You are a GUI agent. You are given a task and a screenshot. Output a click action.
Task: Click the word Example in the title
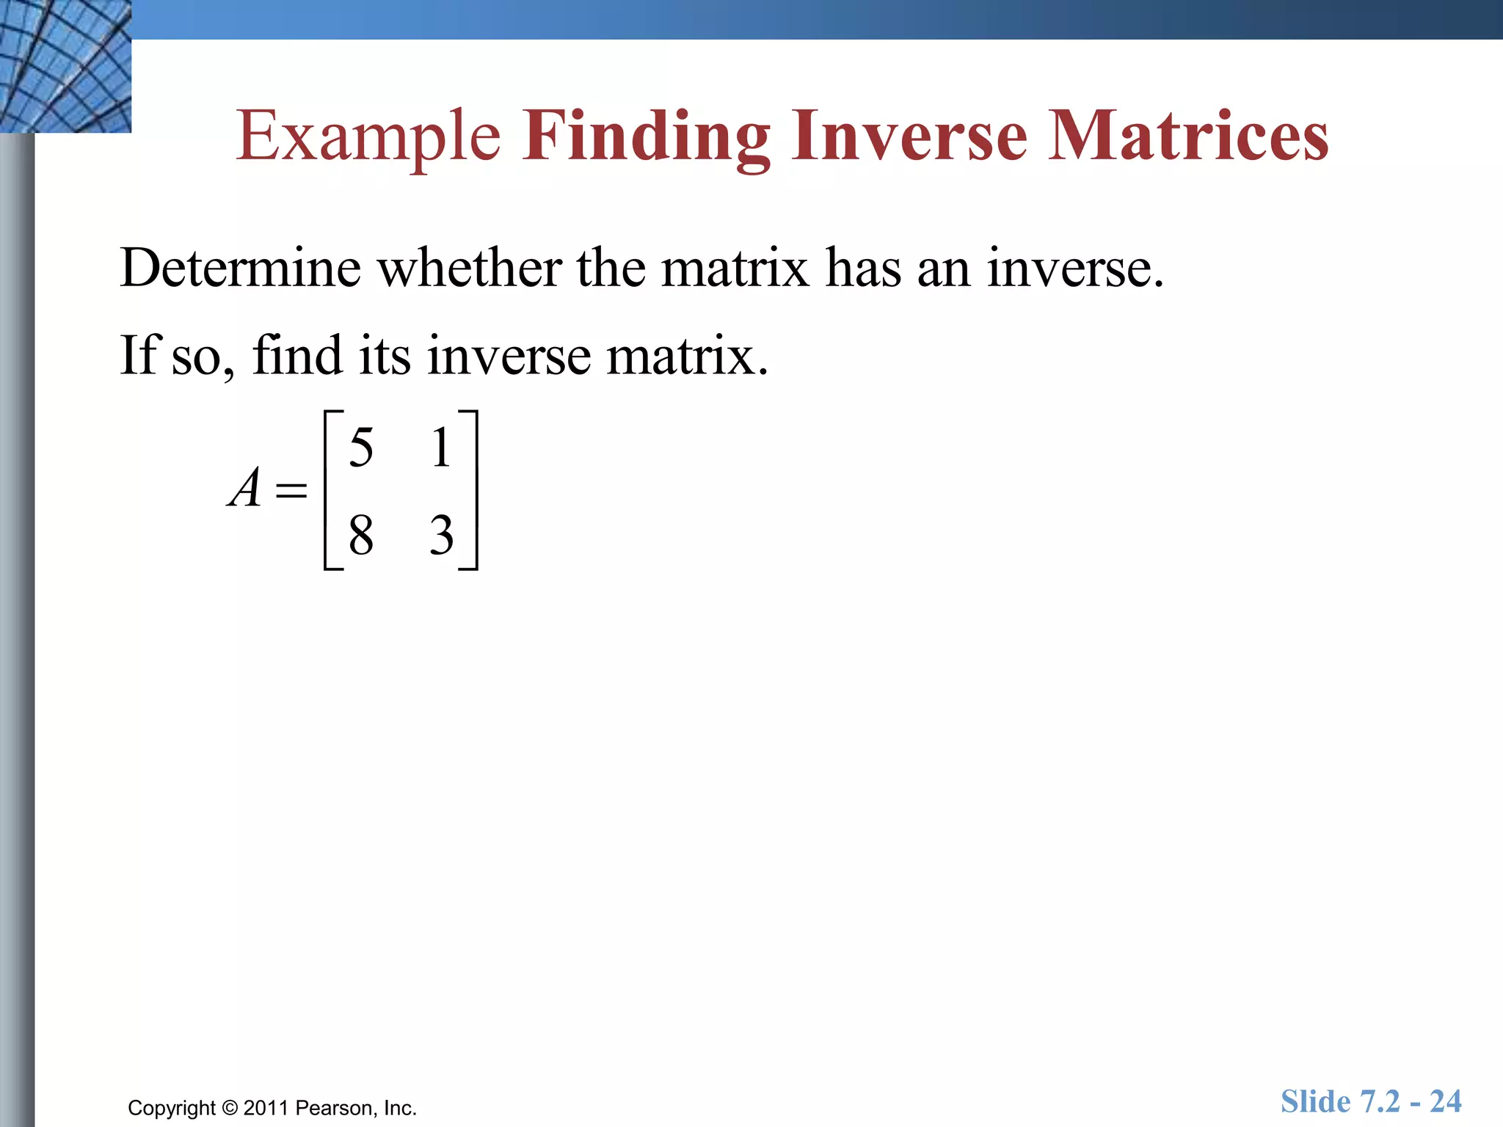[x=368, y=136]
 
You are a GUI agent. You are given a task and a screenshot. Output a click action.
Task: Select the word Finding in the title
[x=646, y=136]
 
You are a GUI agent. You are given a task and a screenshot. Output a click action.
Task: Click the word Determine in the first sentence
[x=241, y=268]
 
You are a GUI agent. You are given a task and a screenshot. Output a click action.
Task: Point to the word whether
[x=470, y=268]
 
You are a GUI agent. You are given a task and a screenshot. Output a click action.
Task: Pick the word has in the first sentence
[x=862, y=268]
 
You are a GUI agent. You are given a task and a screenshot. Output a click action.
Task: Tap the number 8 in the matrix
[x=361, y=535]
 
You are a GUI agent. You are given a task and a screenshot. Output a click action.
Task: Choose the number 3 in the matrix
[x=441, y=535]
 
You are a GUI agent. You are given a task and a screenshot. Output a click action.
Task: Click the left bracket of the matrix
[x=328, y=490]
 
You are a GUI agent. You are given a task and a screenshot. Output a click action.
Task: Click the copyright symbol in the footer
[x=230, y=1108]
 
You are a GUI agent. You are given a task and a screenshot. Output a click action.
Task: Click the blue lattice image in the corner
[x=65, y=66]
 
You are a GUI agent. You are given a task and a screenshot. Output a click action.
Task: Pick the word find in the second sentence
[x=297, y=356]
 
